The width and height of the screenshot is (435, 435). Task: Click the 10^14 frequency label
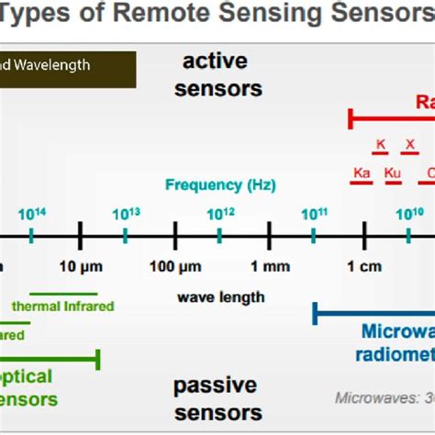tap(32, 214)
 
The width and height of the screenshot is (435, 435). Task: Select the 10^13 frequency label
tap(127, 214)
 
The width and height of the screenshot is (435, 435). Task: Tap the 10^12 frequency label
tap(220, 214)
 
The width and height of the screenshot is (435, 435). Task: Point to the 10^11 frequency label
tap(315, 214)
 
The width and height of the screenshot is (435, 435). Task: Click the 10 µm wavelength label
tap(79, 267)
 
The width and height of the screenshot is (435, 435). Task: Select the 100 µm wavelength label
tap(175, 267)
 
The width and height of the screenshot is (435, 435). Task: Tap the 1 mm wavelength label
tap(270, 267)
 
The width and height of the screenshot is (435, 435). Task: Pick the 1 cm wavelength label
tap(364, 267)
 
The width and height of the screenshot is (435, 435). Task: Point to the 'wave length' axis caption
tap(221, 296)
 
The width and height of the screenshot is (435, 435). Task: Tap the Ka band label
tap(362, 173)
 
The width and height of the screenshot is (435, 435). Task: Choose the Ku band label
tap(394, 173)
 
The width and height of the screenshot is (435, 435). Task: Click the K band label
tap(381, 144)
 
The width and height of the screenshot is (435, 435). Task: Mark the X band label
tap(410, 144)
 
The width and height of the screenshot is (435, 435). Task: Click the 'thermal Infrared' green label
tap(62, 306)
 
